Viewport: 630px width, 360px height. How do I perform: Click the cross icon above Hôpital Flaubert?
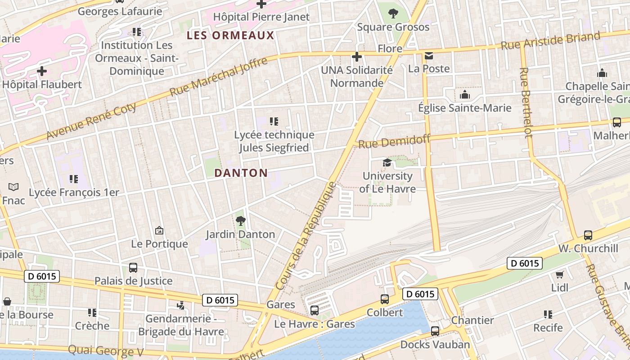pos(42,71)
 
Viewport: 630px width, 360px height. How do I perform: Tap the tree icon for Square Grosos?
pos(393,14)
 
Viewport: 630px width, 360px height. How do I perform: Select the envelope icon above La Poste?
pos(428,56)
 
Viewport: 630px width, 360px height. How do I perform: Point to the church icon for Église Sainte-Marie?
pos(464,94)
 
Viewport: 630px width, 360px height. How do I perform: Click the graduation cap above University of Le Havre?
pos(387,162)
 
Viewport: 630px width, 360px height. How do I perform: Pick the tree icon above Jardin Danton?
pos(240,221)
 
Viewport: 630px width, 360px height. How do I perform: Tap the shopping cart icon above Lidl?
pos(559,274)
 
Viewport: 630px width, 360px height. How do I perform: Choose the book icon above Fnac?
pos(13,187)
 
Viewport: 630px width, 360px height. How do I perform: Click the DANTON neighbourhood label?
pos(241,173)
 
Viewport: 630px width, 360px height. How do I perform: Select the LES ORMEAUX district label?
pos(230,36)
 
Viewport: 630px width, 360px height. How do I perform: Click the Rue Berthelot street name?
pos(526,103)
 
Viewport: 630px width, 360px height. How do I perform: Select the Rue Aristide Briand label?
pos(550,41)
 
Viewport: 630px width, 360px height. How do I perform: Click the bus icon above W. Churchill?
pos(588,235)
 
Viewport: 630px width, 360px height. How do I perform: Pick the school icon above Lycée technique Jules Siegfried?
pos(274,121)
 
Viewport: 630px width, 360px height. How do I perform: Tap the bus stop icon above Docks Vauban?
pos(435,331)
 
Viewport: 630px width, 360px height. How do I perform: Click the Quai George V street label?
pos(106,351)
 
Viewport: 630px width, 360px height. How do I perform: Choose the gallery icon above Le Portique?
pos(159,230)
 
